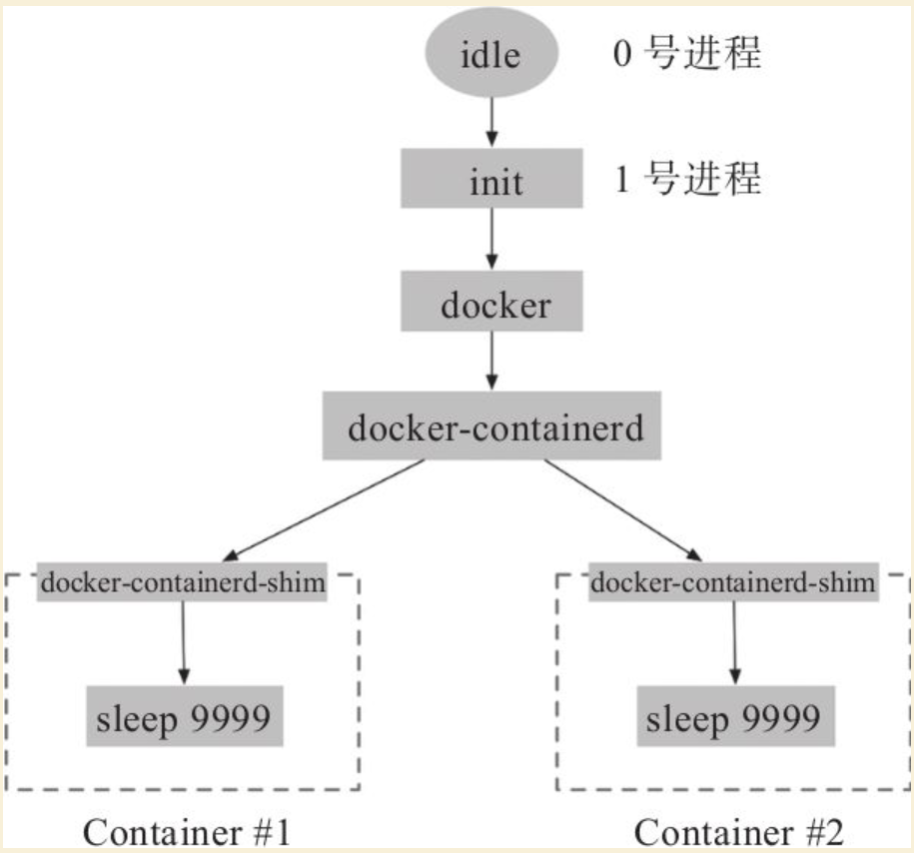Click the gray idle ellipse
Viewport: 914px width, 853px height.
click(491, 53)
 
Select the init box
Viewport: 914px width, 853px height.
click(491, 179)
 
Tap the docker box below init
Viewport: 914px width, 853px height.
click(491, 301)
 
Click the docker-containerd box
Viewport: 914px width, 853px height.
click(492, 426)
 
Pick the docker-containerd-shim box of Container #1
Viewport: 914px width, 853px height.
click(182, 582)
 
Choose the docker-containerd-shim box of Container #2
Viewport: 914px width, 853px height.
click(733, 582)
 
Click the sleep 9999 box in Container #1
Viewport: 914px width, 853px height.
click(185, 716)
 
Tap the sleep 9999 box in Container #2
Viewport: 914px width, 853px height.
click(735, 716)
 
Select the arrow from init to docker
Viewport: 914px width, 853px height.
click(492, 239)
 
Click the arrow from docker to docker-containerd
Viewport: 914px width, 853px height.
click(492, 361)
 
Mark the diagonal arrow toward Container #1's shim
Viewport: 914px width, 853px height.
click(324, 510)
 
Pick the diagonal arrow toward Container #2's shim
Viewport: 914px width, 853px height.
click(623, 510)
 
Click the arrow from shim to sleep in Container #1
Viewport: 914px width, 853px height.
click(184, 643)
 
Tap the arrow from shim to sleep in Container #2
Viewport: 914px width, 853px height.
click(734, 643)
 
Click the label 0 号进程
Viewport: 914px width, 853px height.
click(687, 53)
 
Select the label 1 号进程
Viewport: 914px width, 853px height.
click(688, 178)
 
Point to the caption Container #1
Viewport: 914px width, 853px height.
click(187, 832)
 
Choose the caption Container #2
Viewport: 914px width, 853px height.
click(738, 832)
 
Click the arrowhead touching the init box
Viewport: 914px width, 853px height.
click(492, 140)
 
